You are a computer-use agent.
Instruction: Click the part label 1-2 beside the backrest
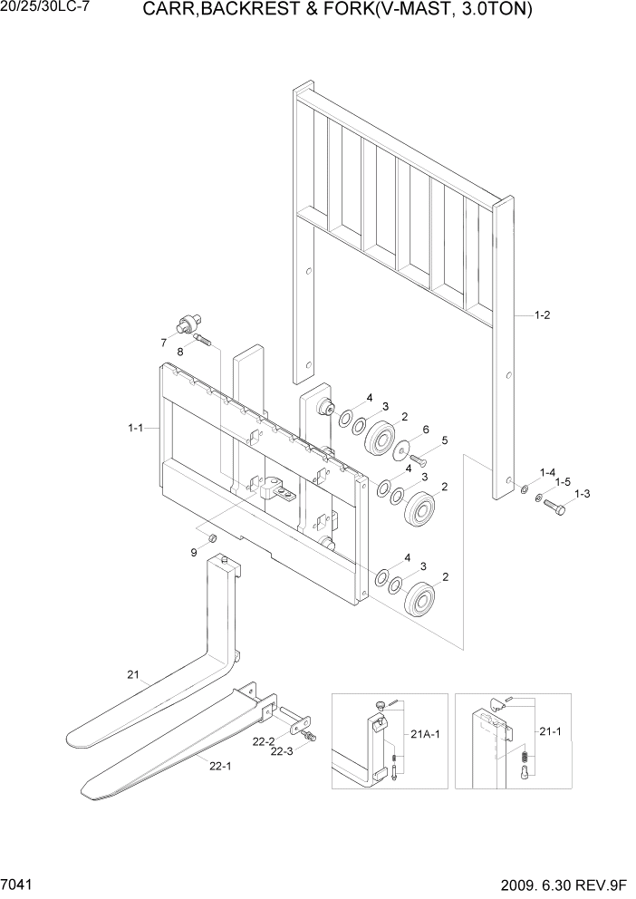tap(543, 315)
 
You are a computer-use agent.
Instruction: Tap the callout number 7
tap(163, 342)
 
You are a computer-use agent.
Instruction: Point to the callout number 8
tap(179, 352)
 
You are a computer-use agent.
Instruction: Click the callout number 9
tap(193, 552)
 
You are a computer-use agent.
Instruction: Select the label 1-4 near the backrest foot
tap(547, 472)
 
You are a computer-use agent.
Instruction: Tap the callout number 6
tap(426, 430)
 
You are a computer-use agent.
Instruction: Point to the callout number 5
tap(444, 440)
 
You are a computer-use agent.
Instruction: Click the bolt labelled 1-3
tap(554, 507)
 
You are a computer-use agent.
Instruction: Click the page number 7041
tap(17, 882)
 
